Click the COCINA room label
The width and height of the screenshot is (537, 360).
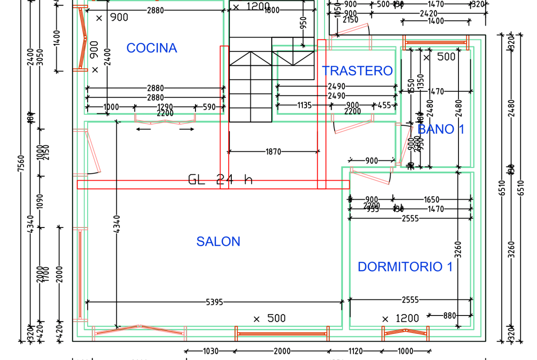151,48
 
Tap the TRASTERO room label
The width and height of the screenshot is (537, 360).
357,71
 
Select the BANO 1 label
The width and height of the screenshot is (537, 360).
441,129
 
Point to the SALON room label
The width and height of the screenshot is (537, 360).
218,242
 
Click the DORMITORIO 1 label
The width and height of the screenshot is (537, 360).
405,267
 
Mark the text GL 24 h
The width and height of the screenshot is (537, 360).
220,179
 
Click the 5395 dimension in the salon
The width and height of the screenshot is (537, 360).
214,302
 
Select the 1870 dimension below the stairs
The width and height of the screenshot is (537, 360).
273,151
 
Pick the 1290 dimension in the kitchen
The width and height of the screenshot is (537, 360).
165,107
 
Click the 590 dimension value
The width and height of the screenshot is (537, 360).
209,107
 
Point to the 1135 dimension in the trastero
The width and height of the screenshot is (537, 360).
304,105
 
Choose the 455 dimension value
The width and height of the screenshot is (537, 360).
384,105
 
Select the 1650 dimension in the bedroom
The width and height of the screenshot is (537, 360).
431,199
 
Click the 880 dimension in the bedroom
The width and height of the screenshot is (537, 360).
450,316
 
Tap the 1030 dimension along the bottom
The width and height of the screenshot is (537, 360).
211,351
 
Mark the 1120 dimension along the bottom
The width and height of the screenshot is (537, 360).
355,351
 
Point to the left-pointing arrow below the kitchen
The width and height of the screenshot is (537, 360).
144,129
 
